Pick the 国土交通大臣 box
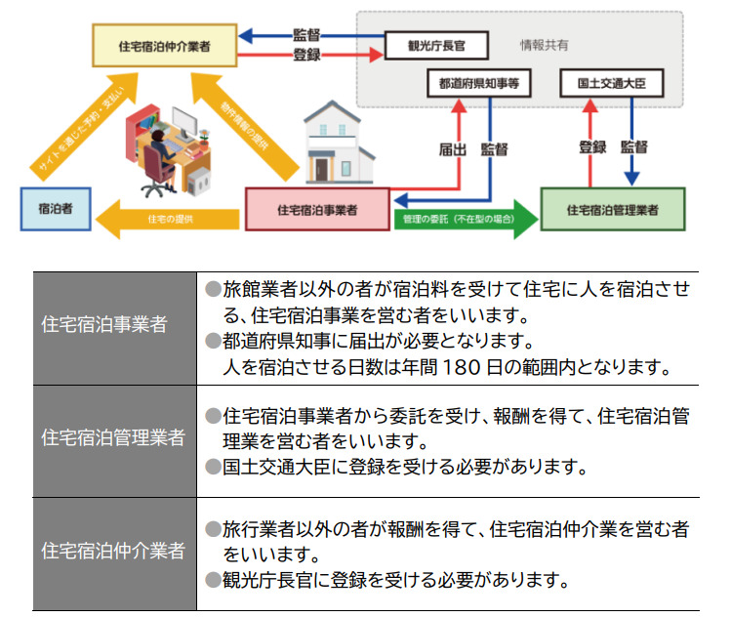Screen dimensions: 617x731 coord(611,84)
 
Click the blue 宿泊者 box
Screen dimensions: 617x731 coord(57,209)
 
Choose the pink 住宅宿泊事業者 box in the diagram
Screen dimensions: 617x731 coord(316,209)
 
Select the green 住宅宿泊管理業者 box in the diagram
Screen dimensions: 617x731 coord(612,209)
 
